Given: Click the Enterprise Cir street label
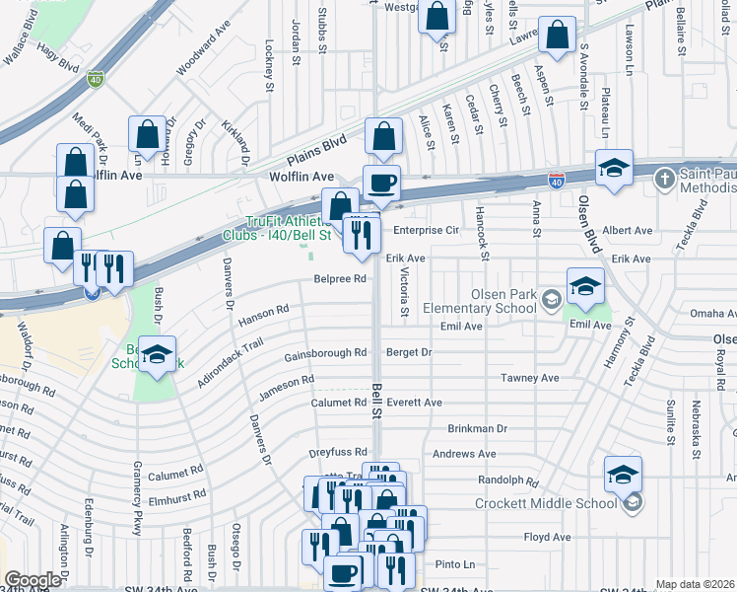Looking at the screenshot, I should coord(427,230).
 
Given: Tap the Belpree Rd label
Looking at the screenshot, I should coord(340,279).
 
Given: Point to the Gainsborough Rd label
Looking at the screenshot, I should coord(325,353).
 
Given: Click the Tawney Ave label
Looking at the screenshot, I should coord(529,378).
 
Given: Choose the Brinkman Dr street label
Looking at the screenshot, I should coord(477,429).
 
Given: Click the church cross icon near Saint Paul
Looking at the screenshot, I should coord(665,179).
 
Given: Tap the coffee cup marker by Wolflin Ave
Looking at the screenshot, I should coord(381,182).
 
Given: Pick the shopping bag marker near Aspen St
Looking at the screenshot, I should coord(558,36).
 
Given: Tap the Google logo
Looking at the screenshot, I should coord(33,580).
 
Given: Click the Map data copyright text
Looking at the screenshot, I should coord(695,584).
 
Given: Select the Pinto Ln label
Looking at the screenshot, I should coord(455,564).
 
